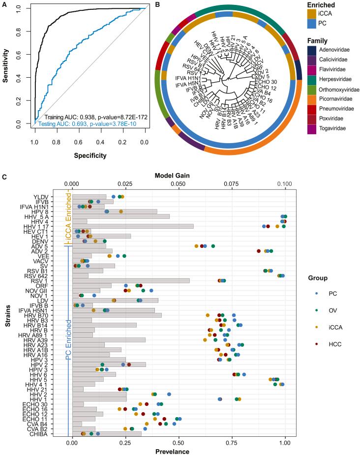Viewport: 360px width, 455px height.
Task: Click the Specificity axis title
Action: (x=89, y=155)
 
